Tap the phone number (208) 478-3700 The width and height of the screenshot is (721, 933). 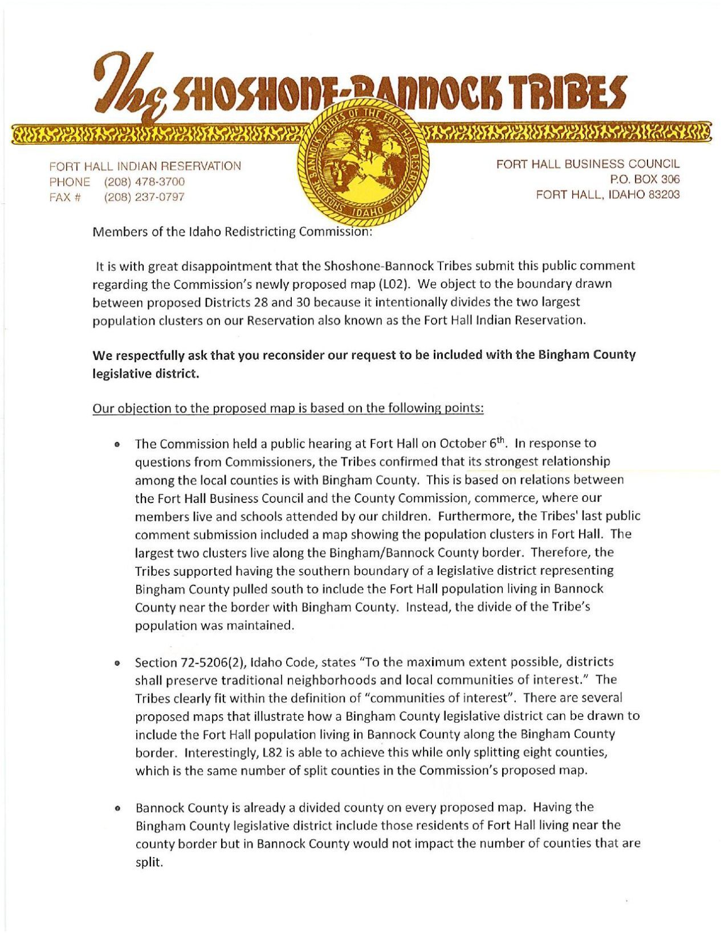click(144, 182)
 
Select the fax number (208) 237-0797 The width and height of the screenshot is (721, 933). click(144, 198)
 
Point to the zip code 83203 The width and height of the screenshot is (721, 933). click(663, 195)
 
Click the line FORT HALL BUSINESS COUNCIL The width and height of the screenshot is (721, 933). click(588, 164)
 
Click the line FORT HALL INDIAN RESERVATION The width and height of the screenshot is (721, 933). click(145, 166)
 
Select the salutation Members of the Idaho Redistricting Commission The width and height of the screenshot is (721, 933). click(232, 232)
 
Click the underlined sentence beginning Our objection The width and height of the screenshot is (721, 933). click(288, 408)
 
